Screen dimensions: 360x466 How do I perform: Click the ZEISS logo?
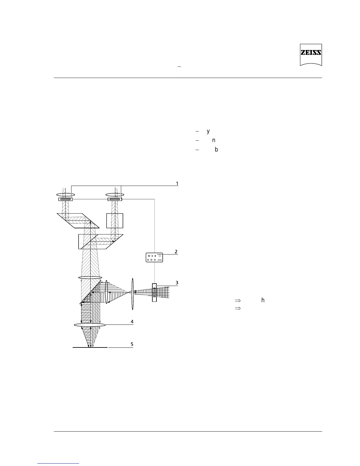[311, 55]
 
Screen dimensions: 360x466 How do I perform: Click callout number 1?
[177, 184]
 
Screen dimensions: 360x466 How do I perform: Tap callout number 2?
[176, 252]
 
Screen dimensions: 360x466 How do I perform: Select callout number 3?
[177, 283]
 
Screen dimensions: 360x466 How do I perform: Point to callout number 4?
[132, 322]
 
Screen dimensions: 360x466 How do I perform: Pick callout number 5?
[132, 344]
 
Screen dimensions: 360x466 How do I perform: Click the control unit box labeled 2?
[155, 257]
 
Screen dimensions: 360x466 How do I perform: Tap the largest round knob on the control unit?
[159, 256]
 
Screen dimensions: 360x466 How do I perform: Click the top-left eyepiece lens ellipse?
[65, 194]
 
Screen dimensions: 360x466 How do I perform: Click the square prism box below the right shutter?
[114, 220]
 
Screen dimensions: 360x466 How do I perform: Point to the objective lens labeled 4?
[90, 325]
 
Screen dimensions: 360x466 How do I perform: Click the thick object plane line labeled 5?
[90, 347]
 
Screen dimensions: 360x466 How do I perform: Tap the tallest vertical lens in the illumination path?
[133, 294]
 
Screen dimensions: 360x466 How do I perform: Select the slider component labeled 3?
[154, 292]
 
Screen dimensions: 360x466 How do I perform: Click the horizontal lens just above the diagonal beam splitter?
[90, 277]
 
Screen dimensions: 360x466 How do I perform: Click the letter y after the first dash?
[208, 131]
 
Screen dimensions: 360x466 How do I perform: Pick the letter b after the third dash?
[216, 149]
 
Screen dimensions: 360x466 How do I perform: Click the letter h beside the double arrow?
[263, 300]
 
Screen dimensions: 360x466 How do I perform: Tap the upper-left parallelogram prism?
[78, 221]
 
